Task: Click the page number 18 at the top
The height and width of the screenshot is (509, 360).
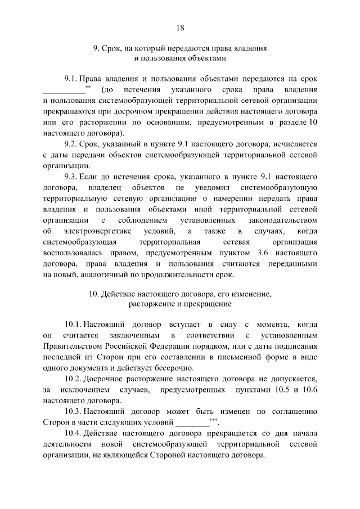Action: (180, 28)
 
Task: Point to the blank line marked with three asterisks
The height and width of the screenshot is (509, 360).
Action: (191, 423)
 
